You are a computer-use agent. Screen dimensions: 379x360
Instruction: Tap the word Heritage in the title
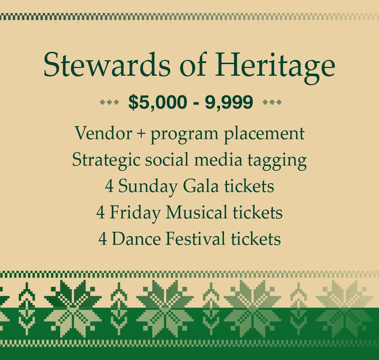(275, 67)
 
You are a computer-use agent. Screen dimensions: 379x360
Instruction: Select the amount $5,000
(158, 103)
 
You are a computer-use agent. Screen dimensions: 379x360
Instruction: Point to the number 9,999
(229, 103)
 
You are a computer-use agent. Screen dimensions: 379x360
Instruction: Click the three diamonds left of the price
(109, 102)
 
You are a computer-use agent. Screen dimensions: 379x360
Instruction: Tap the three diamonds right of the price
(272, 102)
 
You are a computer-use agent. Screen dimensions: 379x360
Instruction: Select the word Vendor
(103, 133)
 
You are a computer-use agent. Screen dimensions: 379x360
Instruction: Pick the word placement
(264, 134)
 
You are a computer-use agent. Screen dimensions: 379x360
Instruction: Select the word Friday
(135, 213)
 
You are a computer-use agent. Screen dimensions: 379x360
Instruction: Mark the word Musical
(196, 212)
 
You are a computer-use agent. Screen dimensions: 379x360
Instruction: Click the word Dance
(136, 239)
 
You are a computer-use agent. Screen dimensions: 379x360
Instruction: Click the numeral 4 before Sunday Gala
(110, 187)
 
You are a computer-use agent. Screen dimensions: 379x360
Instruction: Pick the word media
(218, 160)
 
